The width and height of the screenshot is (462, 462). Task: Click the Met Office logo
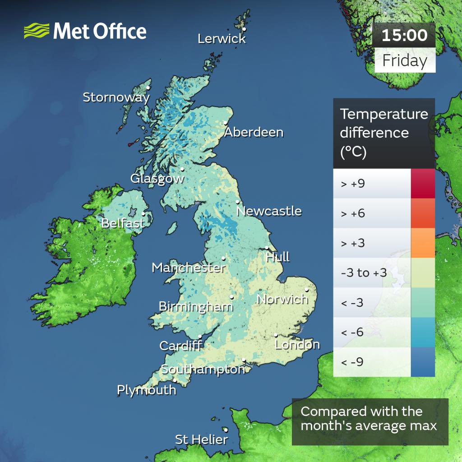(x=85, y=31)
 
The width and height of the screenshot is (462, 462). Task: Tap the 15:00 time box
(x=404, y=35)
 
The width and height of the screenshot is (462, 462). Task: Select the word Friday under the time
(x=404, y=60)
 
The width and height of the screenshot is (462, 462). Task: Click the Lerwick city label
(x=222, y=39)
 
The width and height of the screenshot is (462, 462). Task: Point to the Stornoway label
(x=116, y=97)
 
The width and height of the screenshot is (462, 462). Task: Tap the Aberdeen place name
(x=254, y=132)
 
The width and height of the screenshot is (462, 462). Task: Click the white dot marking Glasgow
(x=182, y=170)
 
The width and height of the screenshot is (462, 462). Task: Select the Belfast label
(x=123, y=223)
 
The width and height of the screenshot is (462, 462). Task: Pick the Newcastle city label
(x=269, y=211)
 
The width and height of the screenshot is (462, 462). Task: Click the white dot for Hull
(x=267, y=248)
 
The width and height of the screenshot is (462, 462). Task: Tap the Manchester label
(x=189, y=268)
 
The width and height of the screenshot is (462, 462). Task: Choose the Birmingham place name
(x=196, y=307)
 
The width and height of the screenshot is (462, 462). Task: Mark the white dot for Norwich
(x=306, y=290)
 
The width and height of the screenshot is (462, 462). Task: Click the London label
(x=297, y=345)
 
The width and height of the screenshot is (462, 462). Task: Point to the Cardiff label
(x=180, y=346)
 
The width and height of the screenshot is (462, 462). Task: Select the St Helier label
(x=201, y=439)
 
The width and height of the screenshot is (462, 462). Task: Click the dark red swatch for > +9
(x=423, y=184)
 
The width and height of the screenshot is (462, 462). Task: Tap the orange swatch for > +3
(x=423, y=243)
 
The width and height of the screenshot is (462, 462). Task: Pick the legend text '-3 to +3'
(x=358, y=273)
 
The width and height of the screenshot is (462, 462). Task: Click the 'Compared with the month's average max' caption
(x=369, y=418)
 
